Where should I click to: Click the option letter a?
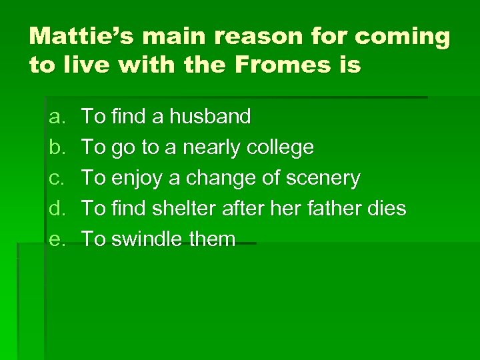55,117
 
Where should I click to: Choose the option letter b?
55,147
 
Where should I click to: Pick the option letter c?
55,178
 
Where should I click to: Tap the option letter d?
55,209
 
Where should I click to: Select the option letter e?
55,239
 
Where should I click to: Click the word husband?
210,117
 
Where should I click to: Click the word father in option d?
327,209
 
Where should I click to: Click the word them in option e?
213,239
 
